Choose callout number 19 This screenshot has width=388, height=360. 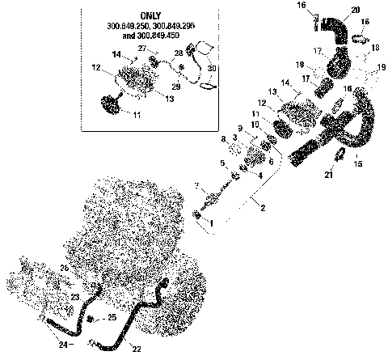[x=382, y=69]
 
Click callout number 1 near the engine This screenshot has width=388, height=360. [x=212, y=221]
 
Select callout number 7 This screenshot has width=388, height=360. [x=196, y=187]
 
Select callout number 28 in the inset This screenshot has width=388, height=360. [x=179, y=53]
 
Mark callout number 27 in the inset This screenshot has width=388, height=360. [x=142, y=49]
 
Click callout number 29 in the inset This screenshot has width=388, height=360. [x=176, y=87]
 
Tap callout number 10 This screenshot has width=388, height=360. [x=255, y=124]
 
